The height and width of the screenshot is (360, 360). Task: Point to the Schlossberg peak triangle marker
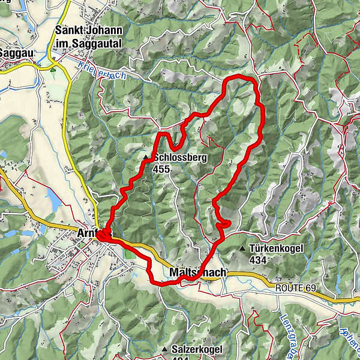click(x=146, y=158)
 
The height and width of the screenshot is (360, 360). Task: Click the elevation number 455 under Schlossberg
click(x=161, y=169)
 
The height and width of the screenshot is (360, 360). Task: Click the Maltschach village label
click(x=198, y=274)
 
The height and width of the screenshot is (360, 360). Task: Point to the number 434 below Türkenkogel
click(x=259, y=260)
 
